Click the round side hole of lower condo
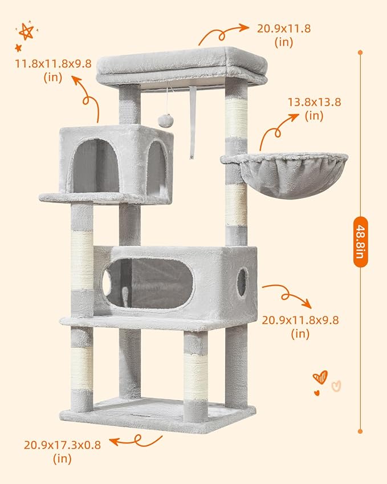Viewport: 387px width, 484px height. point(242,282)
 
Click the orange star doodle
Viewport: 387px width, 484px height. point(26,30)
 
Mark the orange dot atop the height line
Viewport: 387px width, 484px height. point(360,52)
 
